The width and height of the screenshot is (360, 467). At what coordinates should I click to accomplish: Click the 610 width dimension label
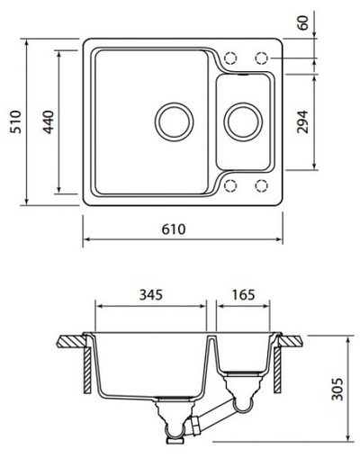(x=174, y=229)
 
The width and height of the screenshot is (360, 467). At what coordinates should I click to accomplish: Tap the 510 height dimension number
(x=15, y=121)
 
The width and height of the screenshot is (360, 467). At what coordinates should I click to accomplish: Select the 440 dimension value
(x=48, y=121)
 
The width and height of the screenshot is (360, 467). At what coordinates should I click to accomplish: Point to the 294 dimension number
(x=302, y=121)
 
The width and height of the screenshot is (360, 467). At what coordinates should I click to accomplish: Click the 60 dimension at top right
(x=303, y=22)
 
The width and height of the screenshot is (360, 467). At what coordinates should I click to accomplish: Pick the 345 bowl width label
(x=151, y=295)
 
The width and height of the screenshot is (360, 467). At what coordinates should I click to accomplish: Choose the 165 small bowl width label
(x=243, y=295)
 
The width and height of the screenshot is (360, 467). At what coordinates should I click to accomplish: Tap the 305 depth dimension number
(x=337, y=389)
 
